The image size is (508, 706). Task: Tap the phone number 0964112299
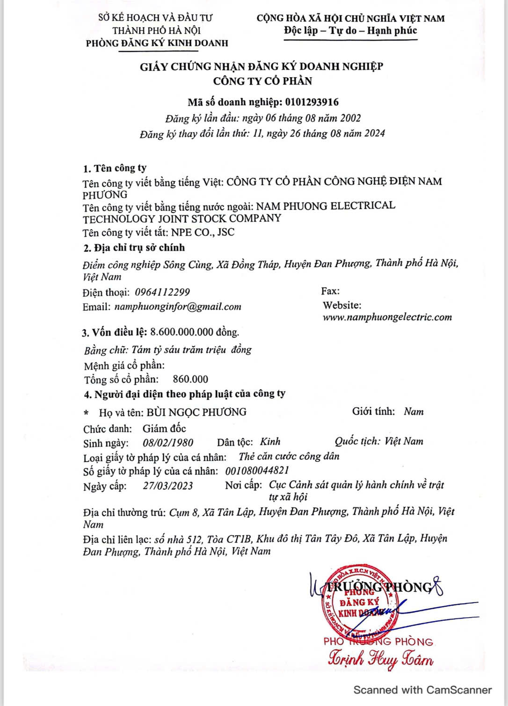point(162,293)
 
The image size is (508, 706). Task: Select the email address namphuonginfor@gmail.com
point(178,307)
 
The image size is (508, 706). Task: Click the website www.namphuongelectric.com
point(387,317)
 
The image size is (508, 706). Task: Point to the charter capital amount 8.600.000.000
point(182,332)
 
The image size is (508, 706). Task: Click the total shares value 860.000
point(190,379)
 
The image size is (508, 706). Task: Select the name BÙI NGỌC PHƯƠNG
point(196,412)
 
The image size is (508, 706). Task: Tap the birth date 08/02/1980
point(168,442)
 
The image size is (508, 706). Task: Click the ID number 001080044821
point(257,470)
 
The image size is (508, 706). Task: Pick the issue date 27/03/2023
point(168,486)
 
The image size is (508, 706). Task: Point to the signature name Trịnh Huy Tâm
point(381,659)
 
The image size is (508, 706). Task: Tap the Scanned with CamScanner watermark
point(422,690)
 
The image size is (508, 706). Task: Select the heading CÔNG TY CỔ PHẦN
point(262,81)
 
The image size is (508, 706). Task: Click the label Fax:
point(330,291)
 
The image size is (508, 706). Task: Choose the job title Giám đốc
point(164,428)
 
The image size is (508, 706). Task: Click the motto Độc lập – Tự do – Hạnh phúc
point(350,31)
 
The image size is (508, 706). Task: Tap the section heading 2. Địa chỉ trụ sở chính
point(134,248)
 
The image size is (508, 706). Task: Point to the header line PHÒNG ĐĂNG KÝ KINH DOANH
point(157,43)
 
